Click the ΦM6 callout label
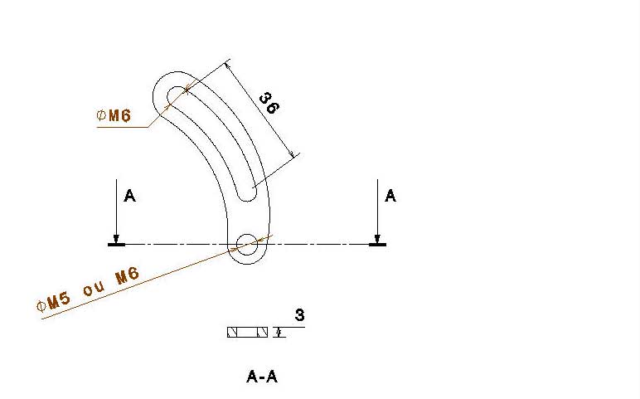tap(114, 116)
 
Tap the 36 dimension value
tap(268, 102)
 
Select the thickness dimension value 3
tap(299, 315)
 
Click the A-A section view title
tap(262, 377)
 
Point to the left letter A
tap(129, 197)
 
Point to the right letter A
tap(390, 196)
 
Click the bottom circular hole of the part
tap(247, 244)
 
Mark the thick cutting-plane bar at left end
tap(117, 245)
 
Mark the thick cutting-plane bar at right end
tap(377, 245)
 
